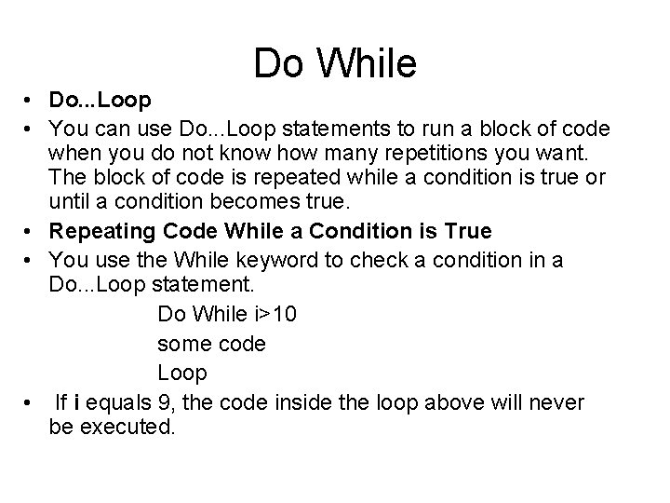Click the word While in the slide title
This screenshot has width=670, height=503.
pyautogui.click(x=369, y=63)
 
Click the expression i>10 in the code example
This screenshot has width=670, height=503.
pyautogui.click(x=273, y=315)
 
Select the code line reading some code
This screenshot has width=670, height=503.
pyautogui.click(x=211, y=344)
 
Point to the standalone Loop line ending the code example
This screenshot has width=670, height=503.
pyautogui.click(x=181, y=373)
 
